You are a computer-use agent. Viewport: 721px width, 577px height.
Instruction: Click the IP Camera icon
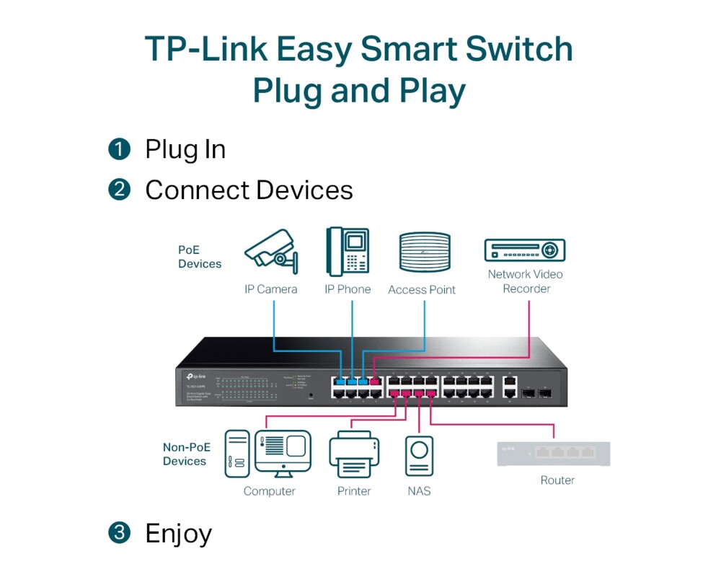[x=270, y=252]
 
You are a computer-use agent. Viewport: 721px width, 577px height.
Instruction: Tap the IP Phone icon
[x=347, y=251]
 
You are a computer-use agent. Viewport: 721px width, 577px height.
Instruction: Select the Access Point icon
[x=425, y=252]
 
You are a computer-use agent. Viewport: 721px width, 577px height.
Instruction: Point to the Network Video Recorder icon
[x=524, y=250]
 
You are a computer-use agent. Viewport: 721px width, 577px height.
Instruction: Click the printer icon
[x=354, y=454]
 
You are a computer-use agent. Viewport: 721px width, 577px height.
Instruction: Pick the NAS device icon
[x=419, y=457]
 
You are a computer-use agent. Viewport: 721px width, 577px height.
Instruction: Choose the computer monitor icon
[x=283, y=453]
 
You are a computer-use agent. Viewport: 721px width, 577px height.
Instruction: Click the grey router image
[x=554, y=453]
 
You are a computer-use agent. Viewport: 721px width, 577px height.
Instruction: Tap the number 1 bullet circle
[x=119, y=149]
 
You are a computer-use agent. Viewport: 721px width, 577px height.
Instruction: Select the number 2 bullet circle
[x=119, y=190]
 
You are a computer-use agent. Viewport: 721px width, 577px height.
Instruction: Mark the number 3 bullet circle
[x=119, y=533]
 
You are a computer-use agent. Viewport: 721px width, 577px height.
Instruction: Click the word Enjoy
[x=178, y=534]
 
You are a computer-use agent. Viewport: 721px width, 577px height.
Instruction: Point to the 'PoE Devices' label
[x=200, y=257]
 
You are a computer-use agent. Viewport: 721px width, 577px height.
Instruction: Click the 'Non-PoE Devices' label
[x=185, y=454]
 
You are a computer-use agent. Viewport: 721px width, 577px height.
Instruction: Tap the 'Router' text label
[x=557, y=480]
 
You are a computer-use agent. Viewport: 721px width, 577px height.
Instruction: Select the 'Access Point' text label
[x=422, y=290]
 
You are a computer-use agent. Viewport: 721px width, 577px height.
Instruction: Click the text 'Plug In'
[x=185, y=149]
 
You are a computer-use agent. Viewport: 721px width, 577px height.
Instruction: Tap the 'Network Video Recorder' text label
[x=526, y=281]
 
